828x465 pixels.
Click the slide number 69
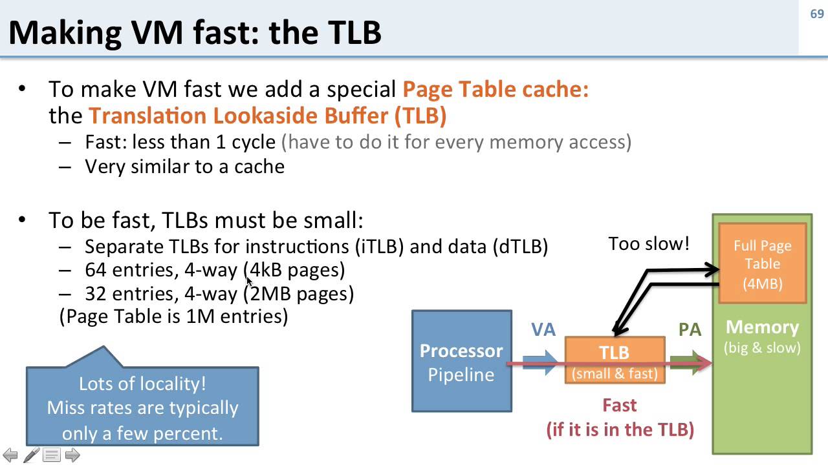click(x=816, y=14)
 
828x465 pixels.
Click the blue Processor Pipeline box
click(x=461, y=362)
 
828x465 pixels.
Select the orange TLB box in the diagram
click(x=615, y=360)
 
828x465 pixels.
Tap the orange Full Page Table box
click(x=763, y=263)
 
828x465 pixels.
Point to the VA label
click(x=543, y=330)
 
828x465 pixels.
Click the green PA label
click(x=690, y=330)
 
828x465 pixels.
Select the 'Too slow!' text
click(x=649, y=243)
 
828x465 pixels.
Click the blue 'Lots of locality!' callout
click(x=142, y=407)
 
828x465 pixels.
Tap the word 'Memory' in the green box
click(x=762, y=327)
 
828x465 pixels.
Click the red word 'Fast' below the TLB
click(x=619, y=406)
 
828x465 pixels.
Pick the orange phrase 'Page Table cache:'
click(x=496, y=88)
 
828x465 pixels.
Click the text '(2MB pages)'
click(x=299, y=293)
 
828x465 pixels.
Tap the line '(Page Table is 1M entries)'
click(x=173, y=316)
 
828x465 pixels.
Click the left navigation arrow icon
click(x=10, y=455)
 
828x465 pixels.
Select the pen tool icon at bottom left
click(x=31, y=455)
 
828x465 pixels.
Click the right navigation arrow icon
click(x=72, y=455)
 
